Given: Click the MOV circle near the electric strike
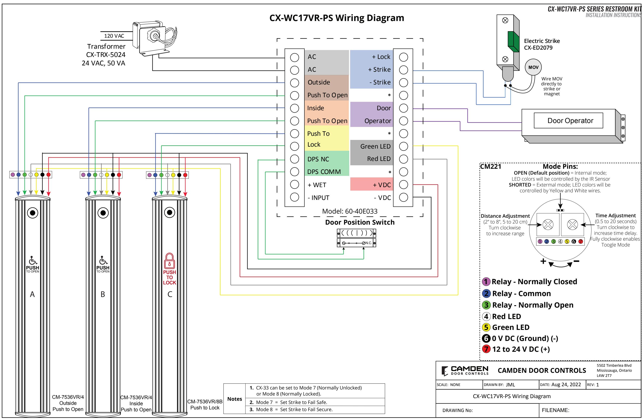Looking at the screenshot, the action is pyautogui.click(x=533, y=67).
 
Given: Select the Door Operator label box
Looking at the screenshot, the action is pyautogui.click(x=568, y=120).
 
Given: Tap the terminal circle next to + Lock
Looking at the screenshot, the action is pyautogui.click(x=403, y=57).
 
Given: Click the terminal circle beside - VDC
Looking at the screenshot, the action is pyautogui.click(x=403, y=198).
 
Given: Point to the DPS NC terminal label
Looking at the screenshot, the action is pyautogui.click(x=318, y=159).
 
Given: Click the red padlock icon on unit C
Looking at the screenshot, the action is pyautogui.click(x=169, y=261).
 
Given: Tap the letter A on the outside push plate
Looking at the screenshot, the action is pyautogui.click(x=32, y=294).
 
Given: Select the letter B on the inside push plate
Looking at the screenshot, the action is pyautogui.click(x=103, y=294).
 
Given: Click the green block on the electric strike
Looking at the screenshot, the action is pyautogui.click(x=514, y=41).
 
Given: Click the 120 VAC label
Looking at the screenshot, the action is pyautogui.click(x=114, y=36).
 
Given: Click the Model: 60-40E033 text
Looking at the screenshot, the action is pyautogui.click(x=350, y=211).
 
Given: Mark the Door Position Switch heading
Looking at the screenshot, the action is pyautogui.click(x=360, y=222).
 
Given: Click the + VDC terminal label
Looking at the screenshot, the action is pyautogui.click(x=382, y=185).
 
